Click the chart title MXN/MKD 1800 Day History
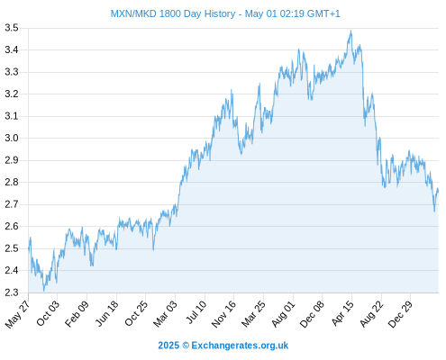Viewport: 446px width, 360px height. point(173,13)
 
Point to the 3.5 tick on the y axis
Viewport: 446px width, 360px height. point(12,28)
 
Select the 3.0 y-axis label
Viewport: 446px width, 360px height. point(12,139)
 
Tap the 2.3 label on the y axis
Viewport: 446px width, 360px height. point(12,292)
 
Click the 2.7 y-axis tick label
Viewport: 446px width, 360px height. point(12,204)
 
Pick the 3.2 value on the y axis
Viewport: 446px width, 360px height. point(12,94)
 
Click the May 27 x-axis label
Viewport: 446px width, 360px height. point(18,314)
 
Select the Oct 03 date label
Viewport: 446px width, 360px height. point(48,313)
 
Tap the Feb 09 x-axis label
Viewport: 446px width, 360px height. point(77,313)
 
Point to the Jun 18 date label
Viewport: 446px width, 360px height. point(106,313)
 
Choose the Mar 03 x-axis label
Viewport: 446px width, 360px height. point(165,313)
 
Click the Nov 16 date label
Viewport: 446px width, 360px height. point(223,314)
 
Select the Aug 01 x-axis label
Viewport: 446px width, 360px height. point(283,314)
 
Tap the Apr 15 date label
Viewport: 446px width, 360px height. point(342,313)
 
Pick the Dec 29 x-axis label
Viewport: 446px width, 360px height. point(401,314)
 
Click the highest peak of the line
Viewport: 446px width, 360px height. point(350,31)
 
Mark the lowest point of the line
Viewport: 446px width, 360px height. point(44,291)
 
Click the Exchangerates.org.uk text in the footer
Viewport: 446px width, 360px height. point(240,346)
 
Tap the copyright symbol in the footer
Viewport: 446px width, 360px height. point(186,346)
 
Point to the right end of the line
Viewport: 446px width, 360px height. point(438,191)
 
